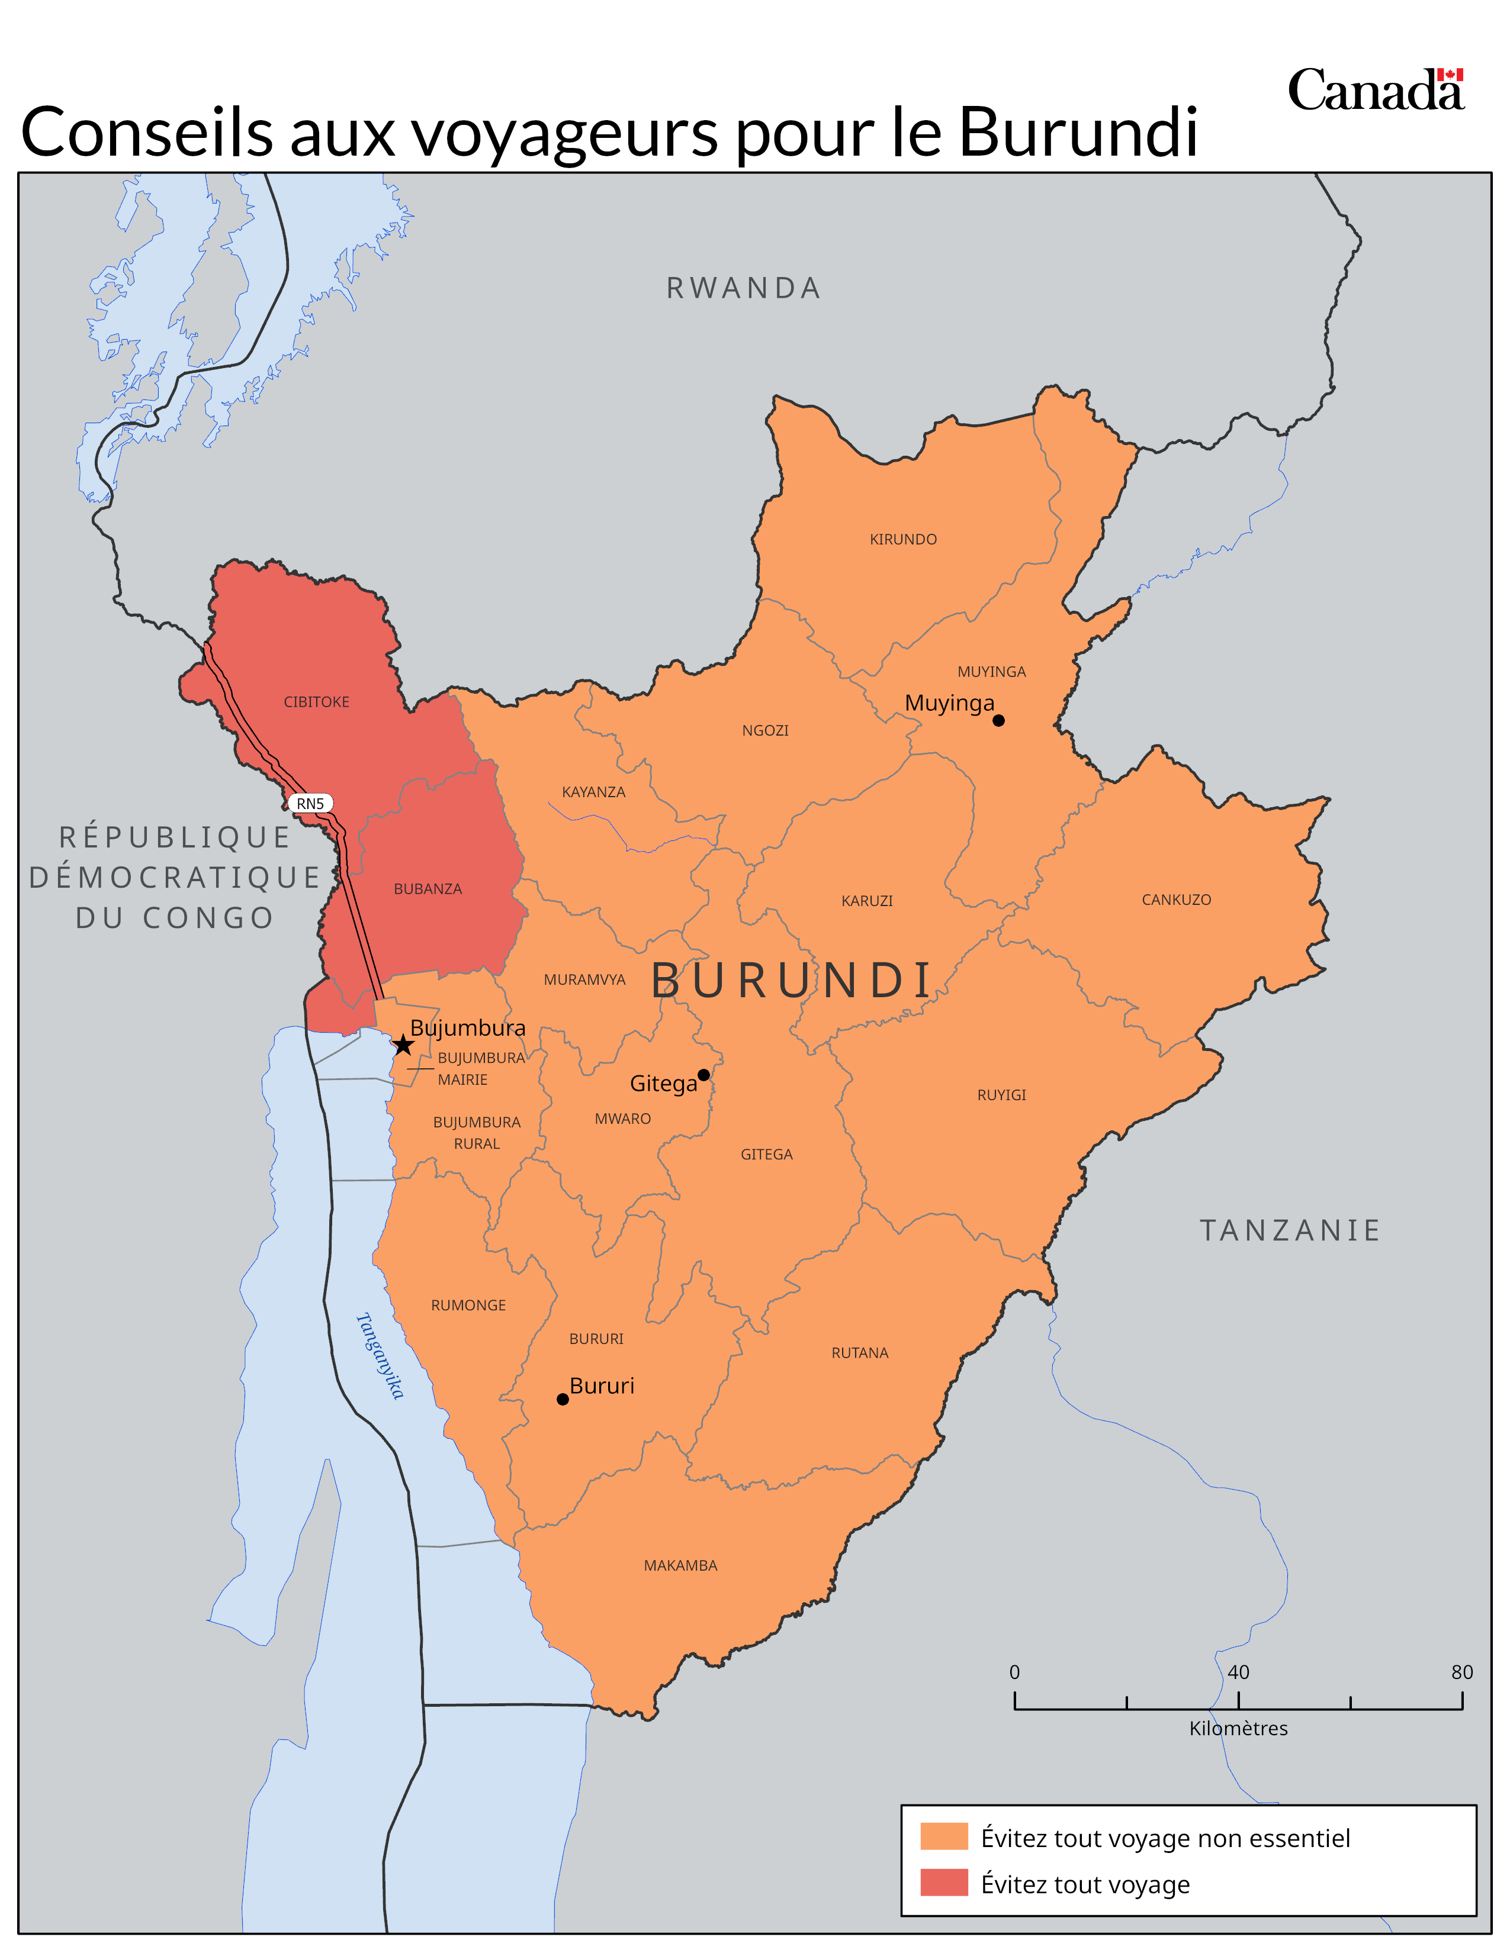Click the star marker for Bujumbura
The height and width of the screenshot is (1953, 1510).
point(403,1045)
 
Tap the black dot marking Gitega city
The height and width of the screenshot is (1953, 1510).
point(704,1075)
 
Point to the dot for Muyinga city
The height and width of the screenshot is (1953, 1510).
point(998,721)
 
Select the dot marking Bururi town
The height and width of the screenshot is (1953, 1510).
point(563,1400)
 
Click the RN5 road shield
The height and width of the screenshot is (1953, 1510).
point(310,804)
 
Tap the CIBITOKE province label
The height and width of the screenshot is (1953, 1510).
point(317,702)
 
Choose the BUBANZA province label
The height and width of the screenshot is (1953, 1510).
point(428,889)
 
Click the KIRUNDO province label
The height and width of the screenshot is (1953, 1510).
point(904,539)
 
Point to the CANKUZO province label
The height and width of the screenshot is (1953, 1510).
point(1177,900)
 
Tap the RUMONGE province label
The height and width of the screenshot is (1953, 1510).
point(469,1306)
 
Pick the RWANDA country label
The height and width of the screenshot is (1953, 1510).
point(743,288)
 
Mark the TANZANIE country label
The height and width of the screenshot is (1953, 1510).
point(1290,1230)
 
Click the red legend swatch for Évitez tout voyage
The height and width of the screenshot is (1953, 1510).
point(944,1883)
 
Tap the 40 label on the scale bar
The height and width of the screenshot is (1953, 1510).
point(1238,1672)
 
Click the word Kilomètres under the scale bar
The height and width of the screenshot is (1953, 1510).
point(1238,1729)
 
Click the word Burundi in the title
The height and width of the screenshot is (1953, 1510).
point(1078,133)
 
